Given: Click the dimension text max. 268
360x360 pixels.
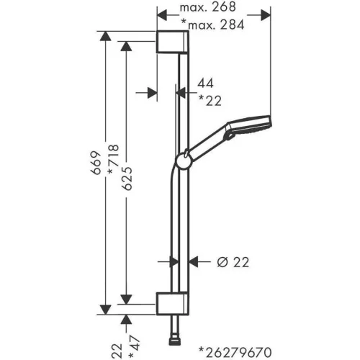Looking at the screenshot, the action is (208, 7).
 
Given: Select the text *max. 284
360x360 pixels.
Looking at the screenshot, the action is (212, 24).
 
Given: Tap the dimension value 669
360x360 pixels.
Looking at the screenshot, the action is (96, 163).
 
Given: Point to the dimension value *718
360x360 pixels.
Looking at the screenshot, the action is (113, 159).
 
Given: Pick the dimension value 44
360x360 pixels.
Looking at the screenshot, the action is (205, 84).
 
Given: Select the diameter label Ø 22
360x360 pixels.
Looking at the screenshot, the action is (233, 262).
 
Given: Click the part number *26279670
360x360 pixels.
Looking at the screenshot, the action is (235, 353).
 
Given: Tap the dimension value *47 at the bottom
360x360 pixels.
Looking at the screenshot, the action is (134, 347).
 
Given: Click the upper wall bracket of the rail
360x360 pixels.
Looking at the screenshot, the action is (173, 42).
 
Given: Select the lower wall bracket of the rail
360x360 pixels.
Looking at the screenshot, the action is (173, 304).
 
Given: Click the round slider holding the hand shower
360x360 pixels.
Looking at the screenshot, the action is (184, 161).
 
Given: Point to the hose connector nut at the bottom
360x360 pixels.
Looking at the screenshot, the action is (174, 341).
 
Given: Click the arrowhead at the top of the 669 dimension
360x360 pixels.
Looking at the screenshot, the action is (105, 36).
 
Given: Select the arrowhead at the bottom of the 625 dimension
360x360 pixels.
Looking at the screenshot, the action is (126, 299).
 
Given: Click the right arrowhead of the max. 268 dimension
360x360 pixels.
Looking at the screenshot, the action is (266, 15).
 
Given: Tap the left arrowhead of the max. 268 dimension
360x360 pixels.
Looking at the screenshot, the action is (162, 15).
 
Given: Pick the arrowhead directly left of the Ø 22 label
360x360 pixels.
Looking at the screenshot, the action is (194, 261).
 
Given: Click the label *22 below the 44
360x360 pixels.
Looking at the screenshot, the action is (210, 101).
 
